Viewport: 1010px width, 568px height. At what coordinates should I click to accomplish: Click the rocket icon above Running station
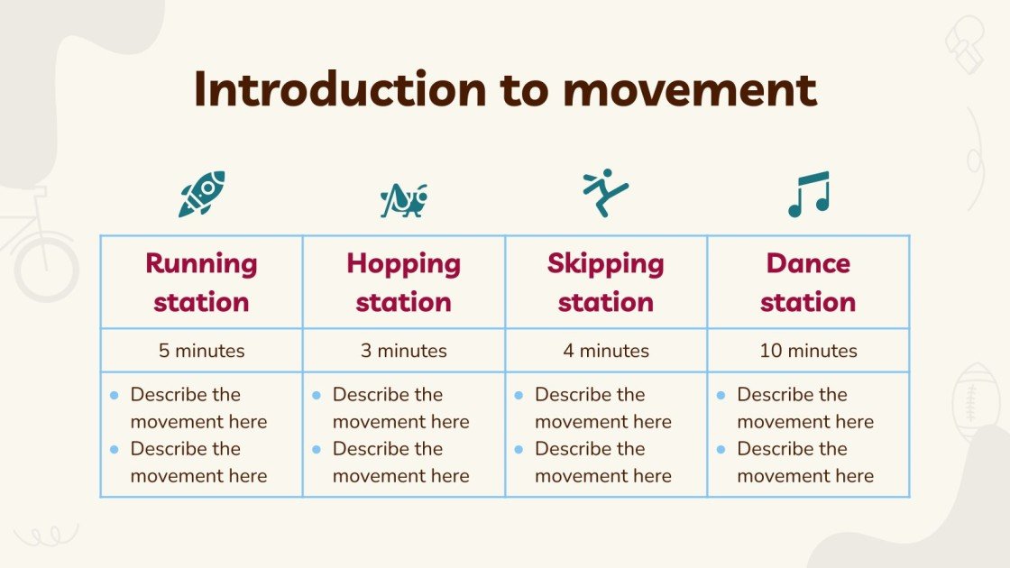pos(201,194)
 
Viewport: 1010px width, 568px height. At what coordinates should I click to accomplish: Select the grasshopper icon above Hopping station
pos(403,199)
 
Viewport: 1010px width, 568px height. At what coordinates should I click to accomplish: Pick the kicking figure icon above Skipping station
pos(605,192)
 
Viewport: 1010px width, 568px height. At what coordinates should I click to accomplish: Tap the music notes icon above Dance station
pos(808,195)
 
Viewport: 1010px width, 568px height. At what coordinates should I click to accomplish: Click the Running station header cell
pos(201,282)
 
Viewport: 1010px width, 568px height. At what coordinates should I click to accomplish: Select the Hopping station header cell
pos(403,282)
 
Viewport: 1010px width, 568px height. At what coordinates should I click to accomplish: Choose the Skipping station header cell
pos(605,282)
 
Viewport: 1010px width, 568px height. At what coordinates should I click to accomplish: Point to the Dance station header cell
pos(808,282)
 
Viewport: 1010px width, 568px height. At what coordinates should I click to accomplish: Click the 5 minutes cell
pos(201,351)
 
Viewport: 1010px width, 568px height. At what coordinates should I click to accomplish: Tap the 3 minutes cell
pos(403,351)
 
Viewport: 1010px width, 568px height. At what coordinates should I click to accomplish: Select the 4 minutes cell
pos(605,351)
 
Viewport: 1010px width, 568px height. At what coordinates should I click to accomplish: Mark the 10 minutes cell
pos(808,351)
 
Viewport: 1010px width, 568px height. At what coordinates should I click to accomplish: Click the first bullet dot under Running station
pos(115,395)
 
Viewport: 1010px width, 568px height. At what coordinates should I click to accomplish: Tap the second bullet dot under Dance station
pos(721,449)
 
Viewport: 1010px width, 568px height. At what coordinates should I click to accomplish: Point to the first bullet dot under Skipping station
pos(519,395)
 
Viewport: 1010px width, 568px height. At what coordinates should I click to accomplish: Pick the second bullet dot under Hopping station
pos(317,449)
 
